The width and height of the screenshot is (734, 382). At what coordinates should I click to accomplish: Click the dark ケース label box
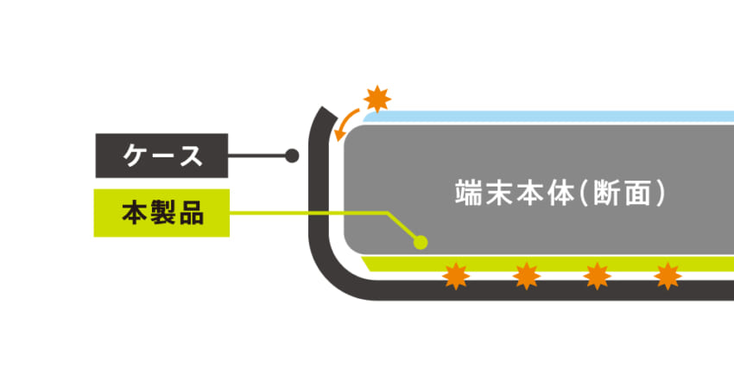(x=161, y=156)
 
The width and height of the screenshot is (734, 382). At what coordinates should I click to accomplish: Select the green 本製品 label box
(x=161, y=213)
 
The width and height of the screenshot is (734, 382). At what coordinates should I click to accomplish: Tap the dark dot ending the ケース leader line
(x=292, y=156)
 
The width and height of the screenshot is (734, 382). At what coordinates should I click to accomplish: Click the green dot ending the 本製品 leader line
(x=421, y=242)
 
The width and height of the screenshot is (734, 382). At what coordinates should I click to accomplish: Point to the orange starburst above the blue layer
(x=376, y=98)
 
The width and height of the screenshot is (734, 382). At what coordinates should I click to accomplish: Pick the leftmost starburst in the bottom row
(x=455, y=277)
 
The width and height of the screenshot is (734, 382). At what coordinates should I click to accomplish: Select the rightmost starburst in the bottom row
(x=668, y=277)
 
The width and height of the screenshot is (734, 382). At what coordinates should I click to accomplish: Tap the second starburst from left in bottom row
(x=526, y=277)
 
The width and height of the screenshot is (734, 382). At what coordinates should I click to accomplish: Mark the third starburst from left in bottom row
(x=597, y=277)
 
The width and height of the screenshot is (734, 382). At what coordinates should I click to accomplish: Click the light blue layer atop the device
(x=553, y=116)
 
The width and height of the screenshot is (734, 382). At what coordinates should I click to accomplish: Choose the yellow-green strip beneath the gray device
(x=553, y=262)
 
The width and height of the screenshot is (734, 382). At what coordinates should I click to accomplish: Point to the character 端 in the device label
(x=465, y=192)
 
